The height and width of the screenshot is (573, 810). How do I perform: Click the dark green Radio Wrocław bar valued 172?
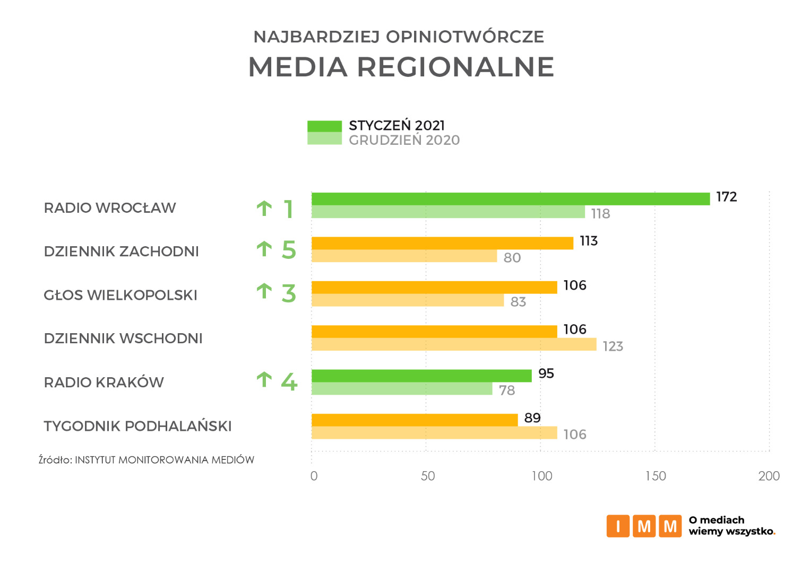pos(510,199)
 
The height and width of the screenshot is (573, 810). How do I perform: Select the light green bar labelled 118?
pos(448,212)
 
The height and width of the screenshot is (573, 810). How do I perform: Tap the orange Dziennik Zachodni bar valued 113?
pos(442,243)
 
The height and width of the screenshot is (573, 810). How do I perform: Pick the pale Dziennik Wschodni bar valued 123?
pos(454,344)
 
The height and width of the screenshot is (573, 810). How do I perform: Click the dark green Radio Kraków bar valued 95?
pos(421,376)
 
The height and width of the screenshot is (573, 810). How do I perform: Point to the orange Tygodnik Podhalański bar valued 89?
pos(415,420)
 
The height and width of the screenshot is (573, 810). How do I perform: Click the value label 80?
pos(512,258)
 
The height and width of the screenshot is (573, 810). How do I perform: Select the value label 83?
pos(518,302)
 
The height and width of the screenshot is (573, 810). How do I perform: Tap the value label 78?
pos(507,390)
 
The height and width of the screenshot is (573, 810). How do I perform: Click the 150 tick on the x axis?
pos(656,476)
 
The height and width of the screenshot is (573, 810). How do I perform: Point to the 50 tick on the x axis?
pos(428,476)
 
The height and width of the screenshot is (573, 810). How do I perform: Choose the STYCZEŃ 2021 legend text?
pos(397,126)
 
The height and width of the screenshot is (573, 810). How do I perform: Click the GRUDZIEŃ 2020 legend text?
pos(404,140)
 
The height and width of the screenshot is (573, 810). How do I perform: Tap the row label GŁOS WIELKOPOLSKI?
pos(120,295)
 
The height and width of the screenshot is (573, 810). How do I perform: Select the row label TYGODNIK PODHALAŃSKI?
pos(137,426)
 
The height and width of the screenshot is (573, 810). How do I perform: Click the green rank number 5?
pos(289,250)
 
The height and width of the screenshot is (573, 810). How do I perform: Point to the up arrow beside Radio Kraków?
pos(264,379)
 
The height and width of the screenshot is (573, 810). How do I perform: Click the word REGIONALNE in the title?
pos(455,67)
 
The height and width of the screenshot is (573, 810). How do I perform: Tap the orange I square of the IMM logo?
pos(618,526)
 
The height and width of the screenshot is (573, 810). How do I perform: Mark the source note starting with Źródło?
pos(147,460)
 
